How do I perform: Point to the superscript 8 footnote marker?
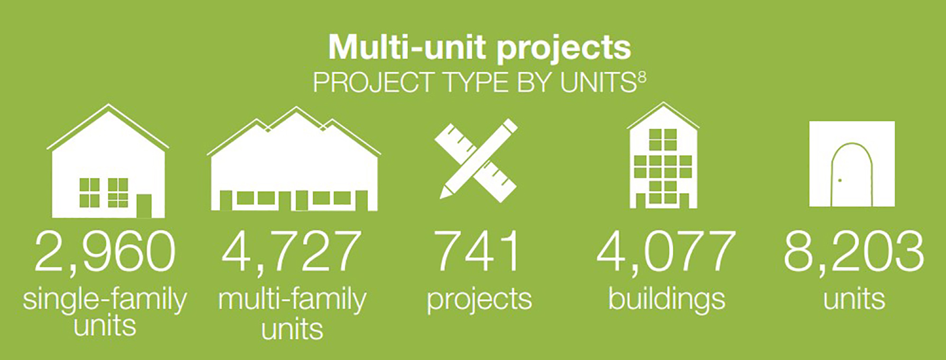[642, 79]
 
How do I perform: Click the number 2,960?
[105, 252]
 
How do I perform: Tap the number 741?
[478, 252]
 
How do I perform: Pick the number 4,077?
[666, 252]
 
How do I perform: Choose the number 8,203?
[854, 252]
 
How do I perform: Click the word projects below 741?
[480, 301]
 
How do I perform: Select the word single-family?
[105, 300]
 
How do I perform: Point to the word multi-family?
[292, 300]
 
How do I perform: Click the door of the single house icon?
[144, 206]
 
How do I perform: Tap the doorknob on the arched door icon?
[840, 181]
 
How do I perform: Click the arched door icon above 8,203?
[852, 164]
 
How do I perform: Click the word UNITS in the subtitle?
[598, 82]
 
